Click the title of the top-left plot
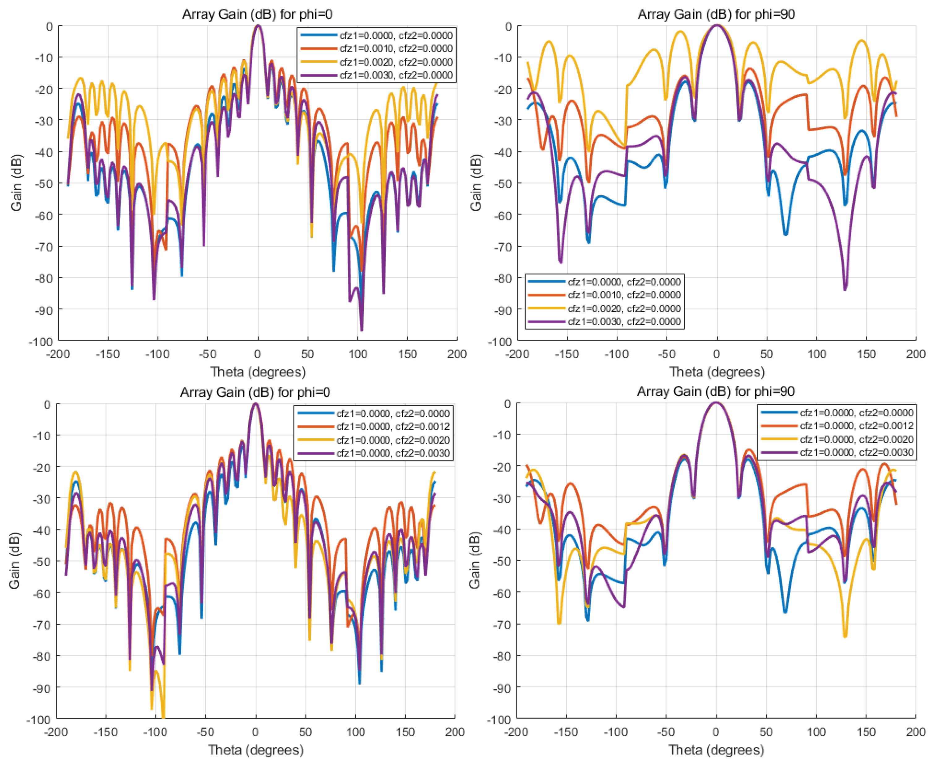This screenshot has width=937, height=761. [x=257, y=15]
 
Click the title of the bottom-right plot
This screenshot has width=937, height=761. [x=716, y=391]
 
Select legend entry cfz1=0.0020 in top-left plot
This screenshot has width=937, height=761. [x=396, y=62]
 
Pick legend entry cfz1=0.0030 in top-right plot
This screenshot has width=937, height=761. [x=624, y=321]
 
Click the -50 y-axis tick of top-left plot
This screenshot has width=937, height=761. [x=43, y=183]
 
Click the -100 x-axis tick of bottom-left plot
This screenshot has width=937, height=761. [x=155, y=732]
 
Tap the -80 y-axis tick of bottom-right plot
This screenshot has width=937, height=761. [x=502, y=656]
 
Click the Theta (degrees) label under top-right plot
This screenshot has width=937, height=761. [x=717, y=372]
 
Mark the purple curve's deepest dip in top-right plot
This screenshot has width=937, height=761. [x=845, y=288]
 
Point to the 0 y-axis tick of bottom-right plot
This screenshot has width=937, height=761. [x=507, y=404]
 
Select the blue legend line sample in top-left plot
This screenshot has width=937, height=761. [x=318, y=35]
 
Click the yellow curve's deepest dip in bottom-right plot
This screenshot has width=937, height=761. [x=845, y=635]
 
